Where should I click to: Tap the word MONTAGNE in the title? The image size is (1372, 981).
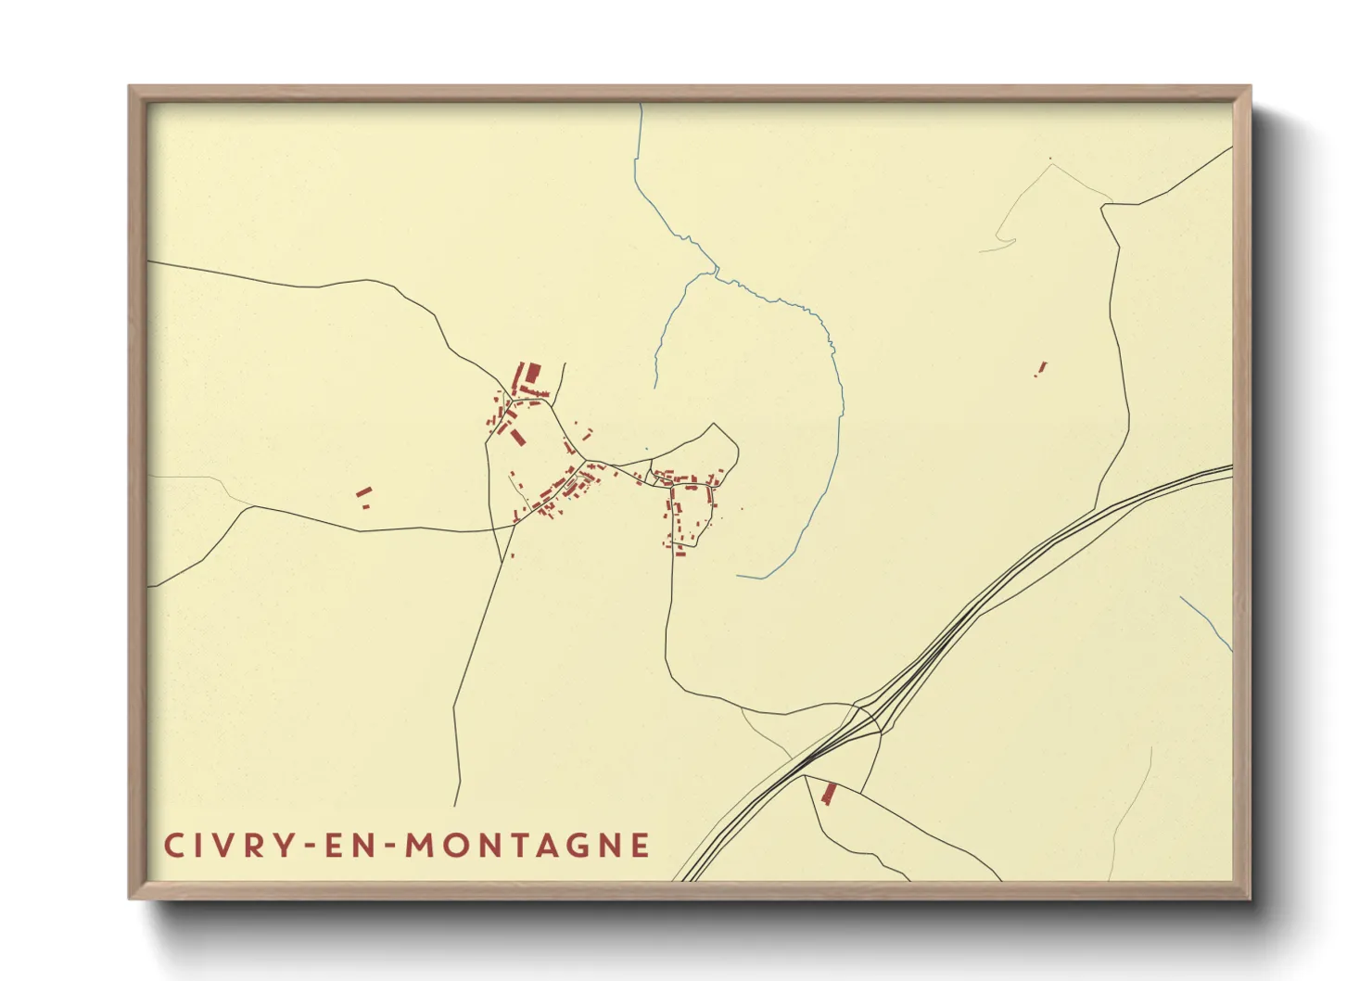[528, 846]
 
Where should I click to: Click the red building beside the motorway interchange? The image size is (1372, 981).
[829, 793]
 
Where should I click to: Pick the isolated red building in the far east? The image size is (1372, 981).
[1041, 368]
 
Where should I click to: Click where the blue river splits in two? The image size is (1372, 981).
[716, 272]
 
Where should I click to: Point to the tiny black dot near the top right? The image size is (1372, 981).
[1050, 159]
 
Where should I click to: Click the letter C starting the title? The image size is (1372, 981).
[173, 846]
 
